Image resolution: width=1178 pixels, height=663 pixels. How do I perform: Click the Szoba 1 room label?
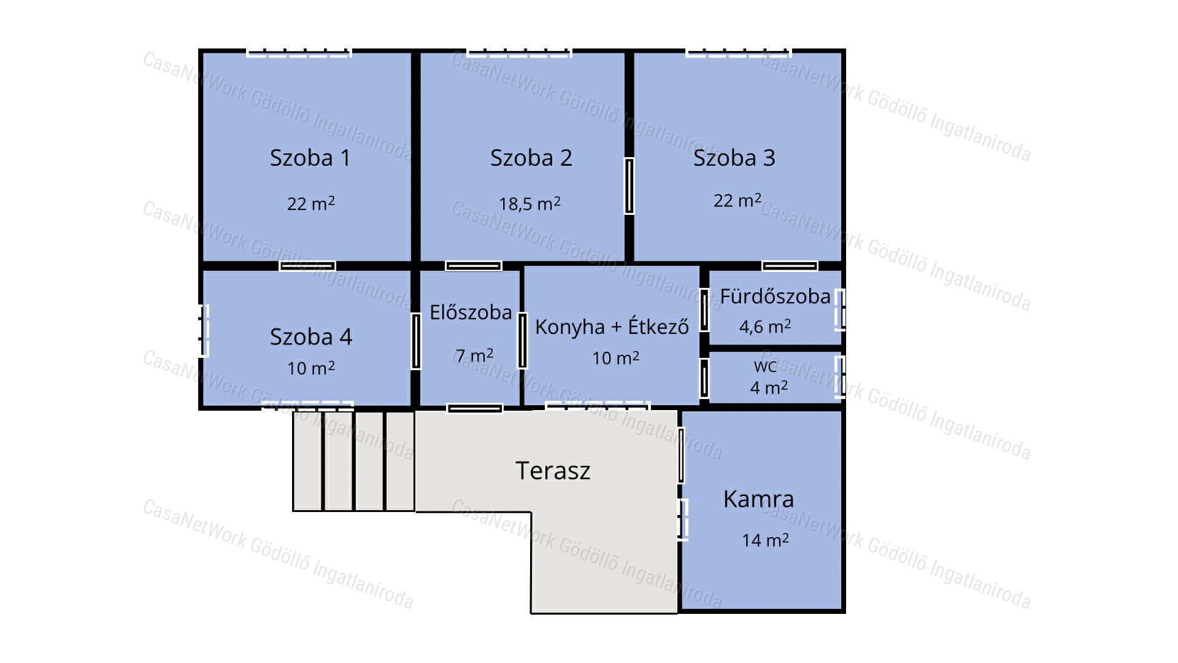tap(310, 158)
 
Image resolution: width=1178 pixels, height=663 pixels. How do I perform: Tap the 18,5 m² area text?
tap(529, 203)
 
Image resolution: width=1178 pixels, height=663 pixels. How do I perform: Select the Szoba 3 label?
tap(734, 158)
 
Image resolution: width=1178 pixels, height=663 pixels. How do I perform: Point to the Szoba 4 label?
tap(311, 336)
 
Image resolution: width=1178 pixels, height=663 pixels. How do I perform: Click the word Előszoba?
tap(471, 312)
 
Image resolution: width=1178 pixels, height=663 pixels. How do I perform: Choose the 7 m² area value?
tap(474, 355)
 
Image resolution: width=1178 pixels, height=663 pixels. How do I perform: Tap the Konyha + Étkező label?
tap(612, 326)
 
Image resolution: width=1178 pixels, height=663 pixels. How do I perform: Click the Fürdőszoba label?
tap(775, 296)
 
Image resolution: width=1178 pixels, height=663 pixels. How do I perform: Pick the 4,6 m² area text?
tap(765, 326)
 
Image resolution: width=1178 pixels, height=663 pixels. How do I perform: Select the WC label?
tap(765, 367)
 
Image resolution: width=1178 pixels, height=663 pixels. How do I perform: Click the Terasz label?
tap(553, 471)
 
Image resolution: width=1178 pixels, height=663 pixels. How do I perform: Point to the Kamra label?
tap(758, 499)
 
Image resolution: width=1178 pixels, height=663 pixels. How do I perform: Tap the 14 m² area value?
tap(765, 540)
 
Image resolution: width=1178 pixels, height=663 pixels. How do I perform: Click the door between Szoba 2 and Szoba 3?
tap(629, 186)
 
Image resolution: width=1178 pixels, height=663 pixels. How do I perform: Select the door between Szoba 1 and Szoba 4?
tap(307, 266)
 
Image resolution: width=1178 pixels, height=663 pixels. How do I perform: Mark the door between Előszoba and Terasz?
tap(475, 408)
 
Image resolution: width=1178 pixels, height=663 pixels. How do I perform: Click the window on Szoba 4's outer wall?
tap(204, 331)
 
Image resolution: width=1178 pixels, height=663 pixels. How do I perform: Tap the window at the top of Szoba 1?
tap(299, 53)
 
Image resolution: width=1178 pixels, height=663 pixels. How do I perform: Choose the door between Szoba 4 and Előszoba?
tap(416, 341)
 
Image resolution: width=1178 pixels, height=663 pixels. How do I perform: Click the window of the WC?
tap(840, 377)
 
